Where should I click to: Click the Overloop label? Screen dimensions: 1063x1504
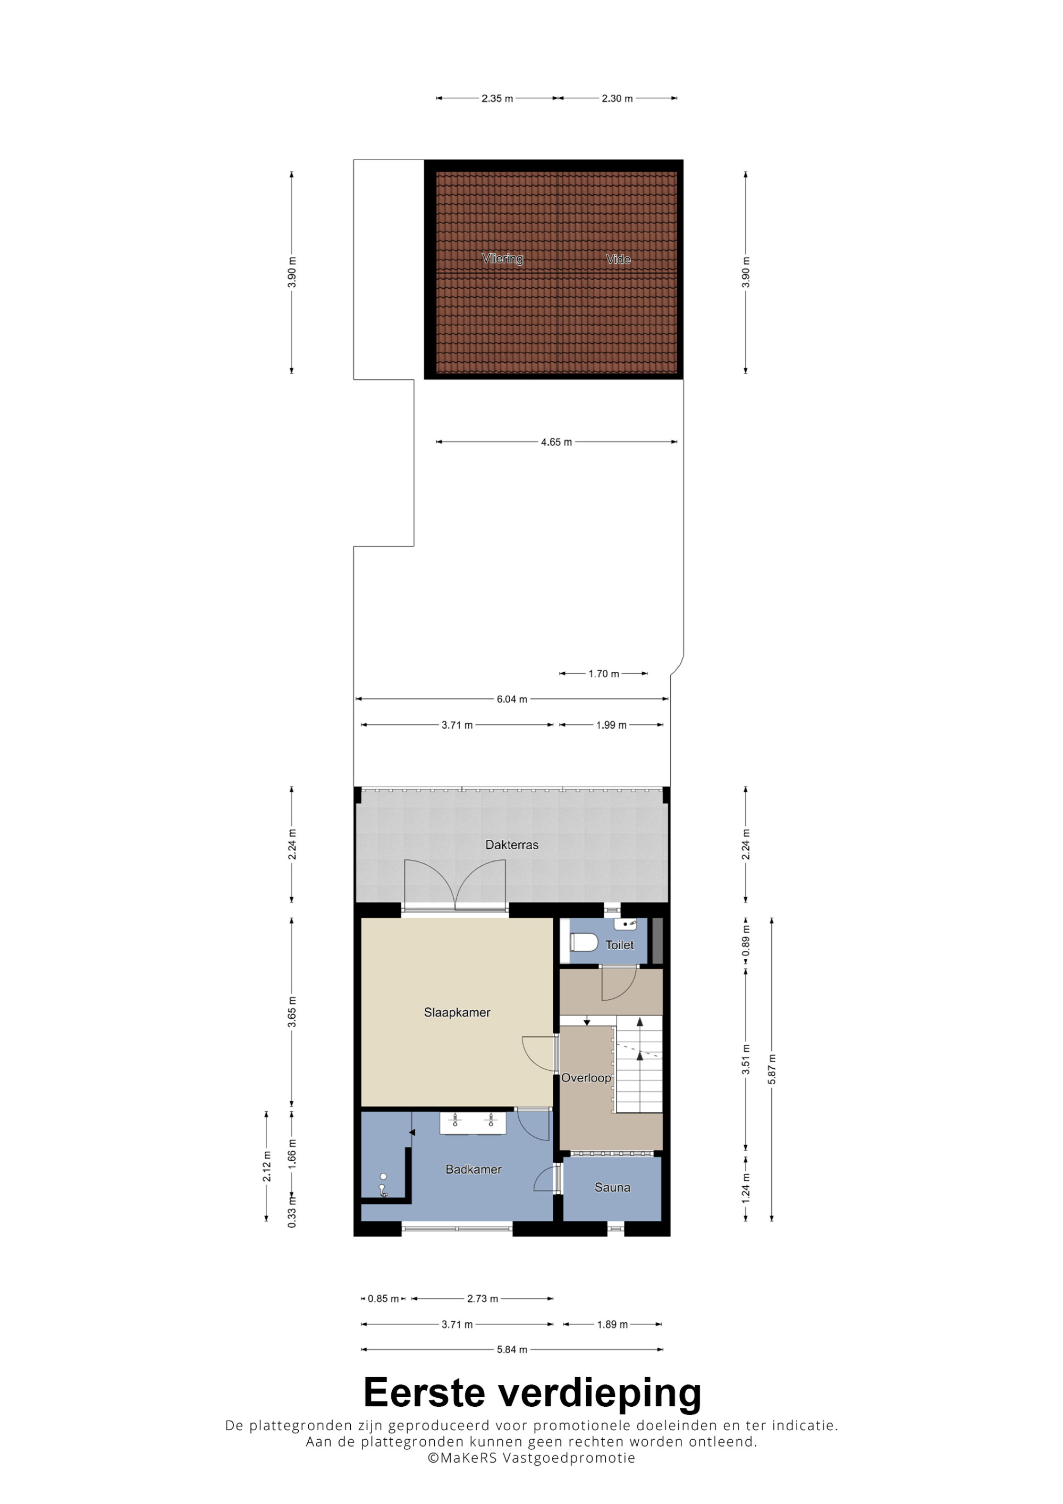click(x=586, y=1078)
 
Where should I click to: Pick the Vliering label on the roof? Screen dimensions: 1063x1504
click(x=502, y=258)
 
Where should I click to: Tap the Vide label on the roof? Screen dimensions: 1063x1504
click(x=618, y=259)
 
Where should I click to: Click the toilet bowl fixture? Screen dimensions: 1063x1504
click(x=584, y=943)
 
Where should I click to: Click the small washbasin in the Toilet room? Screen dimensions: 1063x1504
click(x=625, y=924)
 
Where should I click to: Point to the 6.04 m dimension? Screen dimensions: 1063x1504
click(x=511, y=699)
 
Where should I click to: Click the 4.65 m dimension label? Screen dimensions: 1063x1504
click(x=556, y=442)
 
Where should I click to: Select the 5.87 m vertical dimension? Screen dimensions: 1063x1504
click(x=772, y=1069)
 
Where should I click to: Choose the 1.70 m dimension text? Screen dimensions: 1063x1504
click(x=603, y=673)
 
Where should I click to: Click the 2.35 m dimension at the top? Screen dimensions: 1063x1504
click(x=497, y=98)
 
